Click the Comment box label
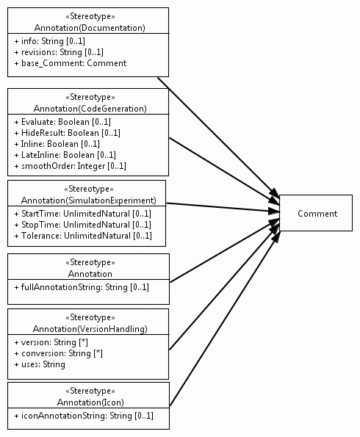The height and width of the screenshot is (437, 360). click(317, 214)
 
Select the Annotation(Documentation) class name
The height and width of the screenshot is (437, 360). click(90, 28)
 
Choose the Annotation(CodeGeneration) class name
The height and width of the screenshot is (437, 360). click(90, 109)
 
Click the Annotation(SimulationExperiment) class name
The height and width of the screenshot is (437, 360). click(89, 201)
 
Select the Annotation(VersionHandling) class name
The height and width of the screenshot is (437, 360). click(90, 329)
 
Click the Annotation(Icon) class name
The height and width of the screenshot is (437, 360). click(90, 402)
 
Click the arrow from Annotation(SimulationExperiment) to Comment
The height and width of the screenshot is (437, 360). click(223, 208)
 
